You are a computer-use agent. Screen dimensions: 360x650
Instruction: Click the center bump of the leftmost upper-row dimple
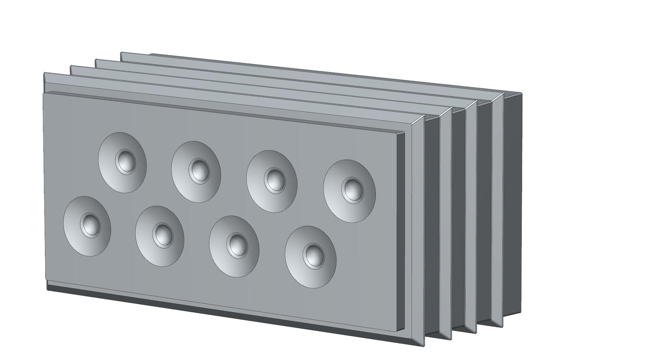[126, 161]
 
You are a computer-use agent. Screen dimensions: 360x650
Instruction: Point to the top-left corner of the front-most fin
[44, 73]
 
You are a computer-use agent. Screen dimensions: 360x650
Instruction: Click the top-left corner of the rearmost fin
[121, 53]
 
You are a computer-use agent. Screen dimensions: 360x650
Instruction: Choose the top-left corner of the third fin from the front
[96, 60]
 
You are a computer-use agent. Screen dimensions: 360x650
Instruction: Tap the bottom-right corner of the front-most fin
[423, 345]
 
